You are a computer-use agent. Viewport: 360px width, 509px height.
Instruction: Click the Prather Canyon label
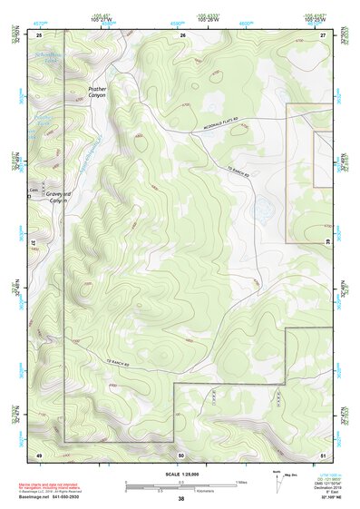(97, 93)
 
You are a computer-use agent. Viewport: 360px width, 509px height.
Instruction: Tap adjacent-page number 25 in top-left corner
(39, 34)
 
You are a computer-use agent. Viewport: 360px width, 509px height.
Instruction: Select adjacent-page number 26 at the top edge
(181, 34)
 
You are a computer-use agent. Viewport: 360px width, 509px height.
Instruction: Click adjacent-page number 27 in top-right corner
(323, 34)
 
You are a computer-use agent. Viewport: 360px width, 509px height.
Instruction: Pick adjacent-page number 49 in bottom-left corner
(39, 454)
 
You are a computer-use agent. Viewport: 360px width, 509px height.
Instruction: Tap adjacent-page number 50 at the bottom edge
(181, 454)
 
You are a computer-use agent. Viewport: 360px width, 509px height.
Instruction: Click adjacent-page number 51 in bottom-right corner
(323, 454)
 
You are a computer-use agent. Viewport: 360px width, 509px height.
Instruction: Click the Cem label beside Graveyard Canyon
(34, 190)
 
